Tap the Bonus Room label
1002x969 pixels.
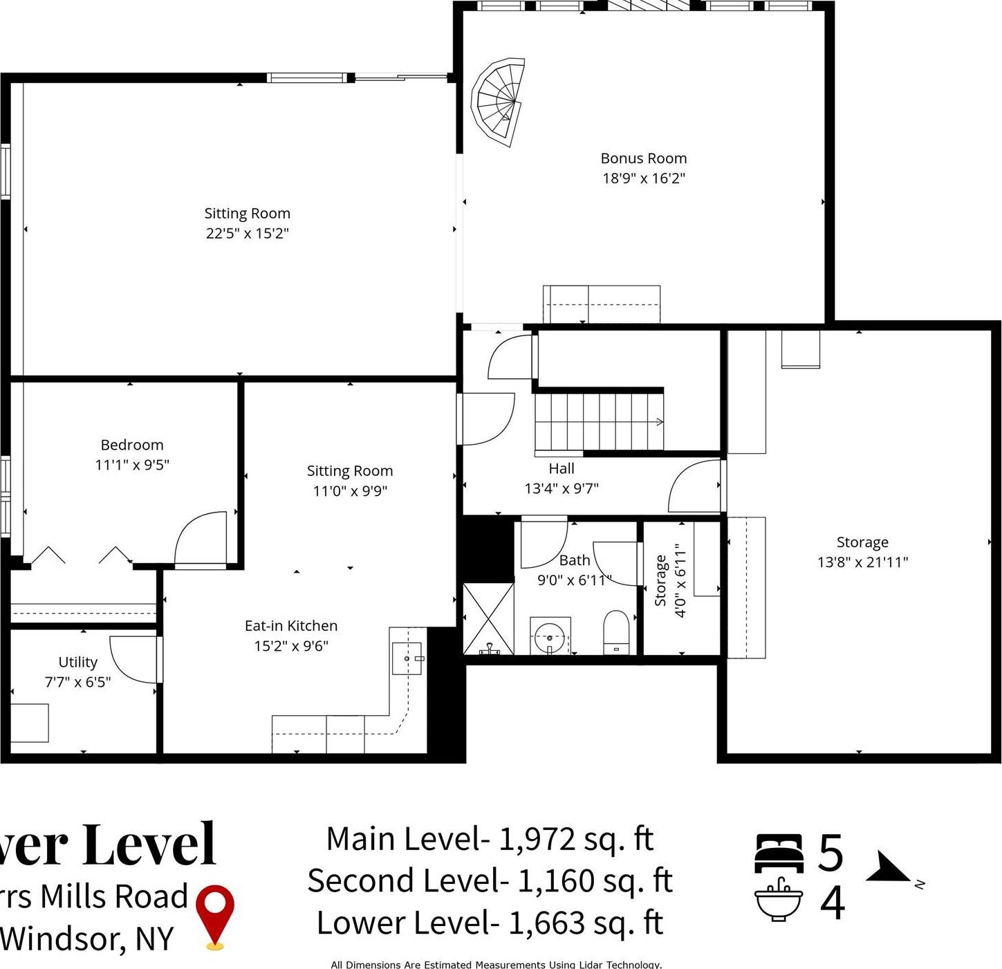coord(643,158)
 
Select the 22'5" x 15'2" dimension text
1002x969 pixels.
coord(247,233)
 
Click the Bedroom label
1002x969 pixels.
coord(132,445)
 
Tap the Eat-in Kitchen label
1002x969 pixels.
coord(291,626)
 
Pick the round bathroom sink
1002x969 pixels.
coord(550,636)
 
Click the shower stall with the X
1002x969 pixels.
coord(488,619)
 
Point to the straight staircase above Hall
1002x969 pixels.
coord(599,421)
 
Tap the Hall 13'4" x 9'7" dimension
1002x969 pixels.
coord(562,488)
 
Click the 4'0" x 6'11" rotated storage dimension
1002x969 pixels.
coord(681,580)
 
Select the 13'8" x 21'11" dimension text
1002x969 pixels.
coord(862,562)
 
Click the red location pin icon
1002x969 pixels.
coord(215,914)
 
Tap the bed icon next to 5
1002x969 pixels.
coord(779,853)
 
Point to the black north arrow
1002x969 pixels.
coord(888,869)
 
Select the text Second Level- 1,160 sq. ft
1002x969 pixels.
coord(490,881)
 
